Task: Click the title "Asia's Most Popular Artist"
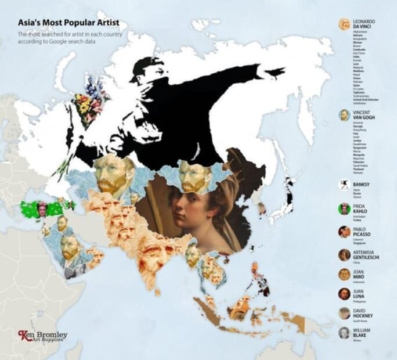[68, 23]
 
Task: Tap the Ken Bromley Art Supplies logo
[43, 336]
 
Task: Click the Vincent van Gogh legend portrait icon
[345, 114]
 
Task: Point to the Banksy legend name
[361, 186]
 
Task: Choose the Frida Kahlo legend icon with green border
[345, 208]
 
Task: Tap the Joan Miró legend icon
[345, 274]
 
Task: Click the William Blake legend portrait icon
[345, 333]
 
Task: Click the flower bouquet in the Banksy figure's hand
[90, 103]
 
